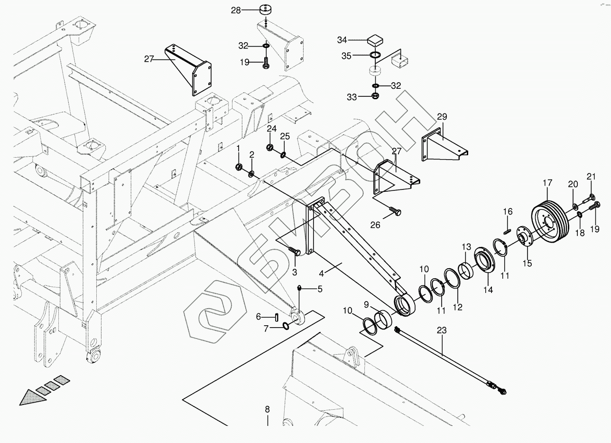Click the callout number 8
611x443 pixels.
267,409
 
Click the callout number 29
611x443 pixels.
442,117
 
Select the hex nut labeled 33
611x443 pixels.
374,96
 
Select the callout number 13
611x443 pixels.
467,247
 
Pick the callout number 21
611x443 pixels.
591,177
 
